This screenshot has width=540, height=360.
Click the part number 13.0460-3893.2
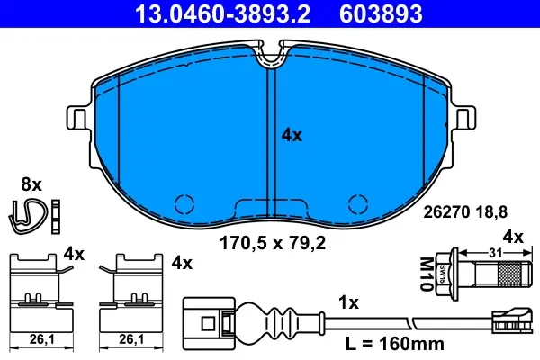(x=223, y=13)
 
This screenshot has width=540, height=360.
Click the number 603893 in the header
(x=381, y=13)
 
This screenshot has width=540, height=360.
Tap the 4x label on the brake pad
(x=292, y=135)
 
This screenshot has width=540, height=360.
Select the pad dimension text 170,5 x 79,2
(x=273, y=244)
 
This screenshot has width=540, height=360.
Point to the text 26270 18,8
(x=465, y=212)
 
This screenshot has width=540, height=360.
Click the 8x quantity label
(x=31, y=184)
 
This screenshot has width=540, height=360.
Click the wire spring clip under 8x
(x=28, y=216)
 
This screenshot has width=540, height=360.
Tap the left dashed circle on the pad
(x=184, y=204)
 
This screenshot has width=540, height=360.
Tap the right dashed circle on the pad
(x=358, y=204)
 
